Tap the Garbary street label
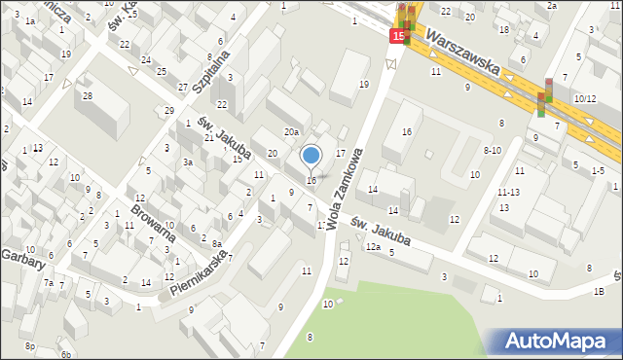point(22,257)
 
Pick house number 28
point(87,95)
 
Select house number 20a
point(290,131)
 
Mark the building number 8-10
point(492,150)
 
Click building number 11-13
point(508,193)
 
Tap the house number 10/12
point(584,99)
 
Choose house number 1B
point(599,291)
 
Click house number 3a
point(187,162)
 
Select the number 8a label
point(218,243)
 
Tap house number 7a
point(48,283)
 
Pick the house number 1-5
point(598,170)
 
